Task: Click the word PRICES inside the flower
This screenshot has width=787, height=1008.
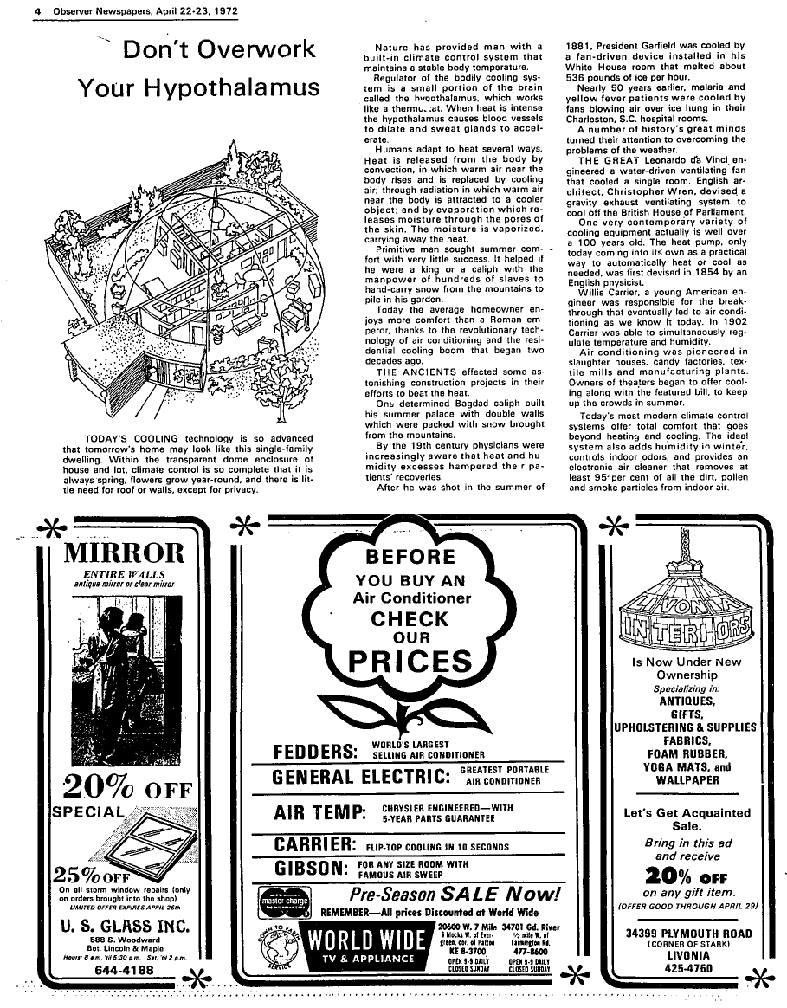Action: click(410, 662)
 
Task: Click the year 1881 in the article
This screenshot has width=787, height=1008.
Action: click(578, 46)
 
